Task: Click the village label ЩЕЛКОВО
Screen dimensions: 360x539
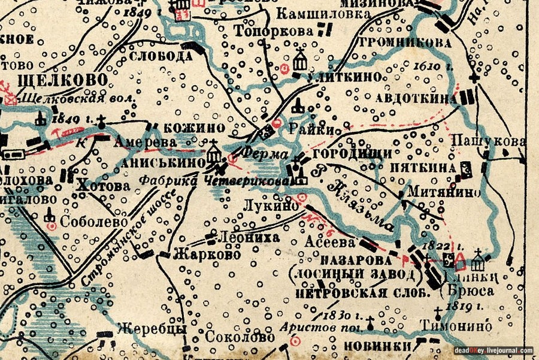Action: (x=54, y=81)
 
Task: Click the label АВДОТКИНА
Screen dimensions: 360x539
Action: (x=417, y=98)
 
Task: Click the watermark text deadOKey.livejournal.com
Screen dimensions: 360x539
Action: (x=493, y=350)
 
